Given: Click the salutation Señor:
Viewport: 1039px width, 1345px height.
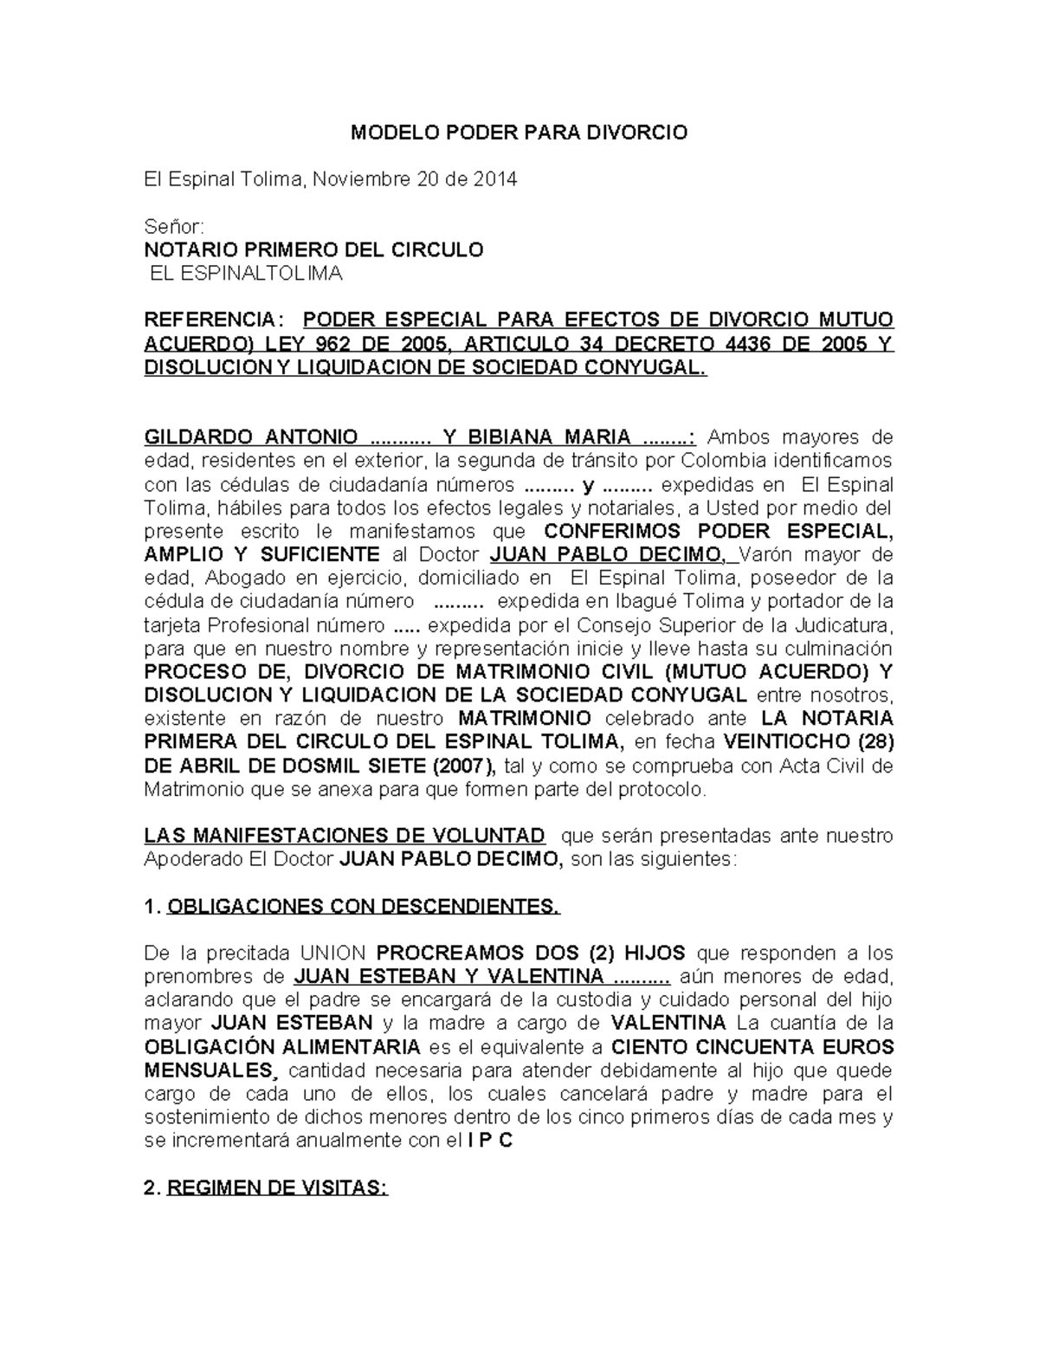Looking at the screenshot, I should [173, 227].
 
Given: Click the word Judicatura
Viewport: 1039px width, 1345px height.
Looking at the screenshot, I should [836, 624].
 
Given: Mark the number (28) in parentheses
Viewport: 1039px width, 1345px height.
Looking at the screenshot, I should [874, 742].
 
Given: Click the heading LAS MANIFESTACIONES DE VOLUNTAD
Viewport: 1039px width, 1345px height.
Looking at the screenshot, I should [345, 836].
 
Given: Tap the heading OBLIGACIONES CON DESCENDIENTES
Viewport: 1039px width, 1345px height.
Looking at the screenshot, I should [363, 907].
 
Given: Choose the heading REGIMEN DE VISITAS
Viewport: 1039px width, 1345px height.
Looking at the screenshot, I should [277, 1188].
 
